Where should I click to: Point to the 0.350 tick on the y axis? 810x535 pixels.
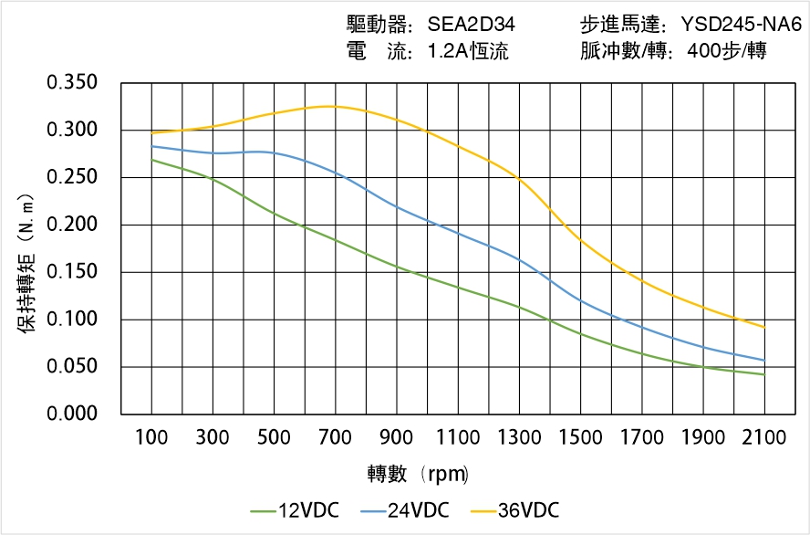pos(72,83)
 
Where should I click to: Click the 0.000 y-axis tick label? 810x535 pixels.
pos(72,414)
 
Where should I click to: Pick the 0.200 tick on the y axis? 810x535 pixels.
pos(72,225)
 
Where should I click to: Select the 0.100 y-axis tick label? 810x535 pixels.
pos(72,320)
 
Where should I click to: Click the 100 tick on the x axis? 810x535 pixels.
pos(151,438)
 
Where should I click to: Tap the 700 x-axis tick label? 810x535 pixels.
pos(336,438)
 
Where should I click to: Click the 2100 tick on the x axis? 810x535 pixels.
pos(764,438)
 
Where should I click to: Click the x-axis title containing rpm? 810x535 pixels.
pos(418,474)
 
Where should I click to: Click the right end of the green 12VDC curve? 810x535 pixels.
pos(764,374)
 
